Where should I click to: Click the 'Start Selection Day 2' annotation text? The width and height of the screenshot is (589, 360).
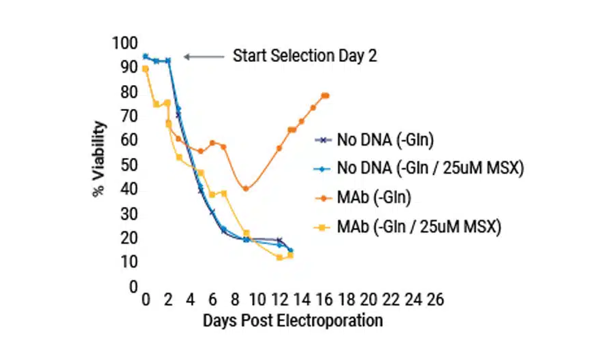304,56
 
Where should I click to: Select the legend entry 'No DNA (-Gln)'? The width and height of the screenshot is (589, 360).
385,140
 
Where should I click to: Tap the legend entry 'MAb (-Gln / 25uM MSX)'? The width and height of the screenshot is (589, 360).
419,226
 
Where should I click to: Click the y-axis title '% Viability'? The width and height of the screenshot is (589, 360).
99,159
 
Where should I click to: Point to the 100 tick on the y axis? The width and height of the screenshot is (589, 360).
125,43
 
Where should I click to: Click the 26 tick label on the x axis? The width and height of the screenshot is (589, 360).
436,299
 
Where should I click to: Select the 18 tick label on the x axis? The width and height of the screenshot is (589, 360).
347,299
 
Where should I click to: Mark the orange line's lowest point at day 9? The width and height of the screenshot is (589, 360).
246,189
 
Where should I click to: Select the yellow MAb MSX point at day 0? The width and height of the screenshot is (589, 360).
145,69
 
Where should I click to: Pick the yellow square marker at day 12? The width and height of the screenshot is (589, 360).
279,257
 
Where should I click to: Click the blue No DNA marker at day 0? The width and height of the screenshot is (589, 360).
145,56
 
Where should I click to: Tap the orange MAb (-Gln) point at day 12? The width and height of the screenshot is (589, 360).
279,148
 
